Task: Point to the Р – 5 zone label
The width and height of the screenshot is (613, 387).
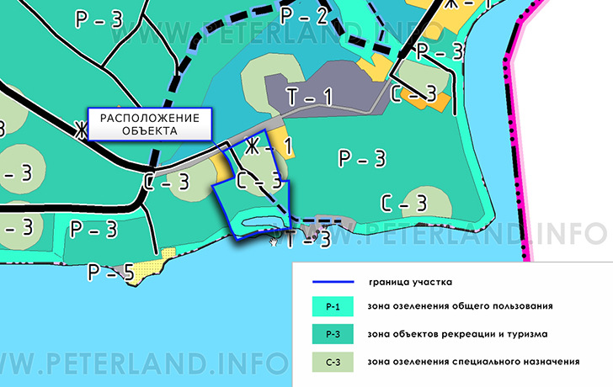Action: (111, 272)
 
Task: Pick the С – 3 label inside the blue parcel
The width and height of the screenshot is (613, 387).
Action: (258, 180)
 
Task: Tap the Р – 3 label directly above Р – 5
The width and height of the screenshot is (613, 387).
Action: (93, 228)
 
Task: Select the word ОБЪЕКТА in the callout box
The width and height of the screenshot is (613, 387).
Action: (149, 131)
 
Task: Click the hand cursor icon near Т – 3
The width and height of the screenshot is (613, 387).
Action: (274, 241)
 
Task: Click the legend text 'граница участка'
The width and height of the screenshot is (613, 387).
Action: (412, 283)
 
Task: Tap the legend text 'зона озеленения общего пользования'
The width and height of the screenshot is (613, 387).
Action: (460, 306)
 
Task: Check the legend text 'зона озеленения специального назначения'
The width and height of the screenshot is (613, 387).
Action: (474, 362)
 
